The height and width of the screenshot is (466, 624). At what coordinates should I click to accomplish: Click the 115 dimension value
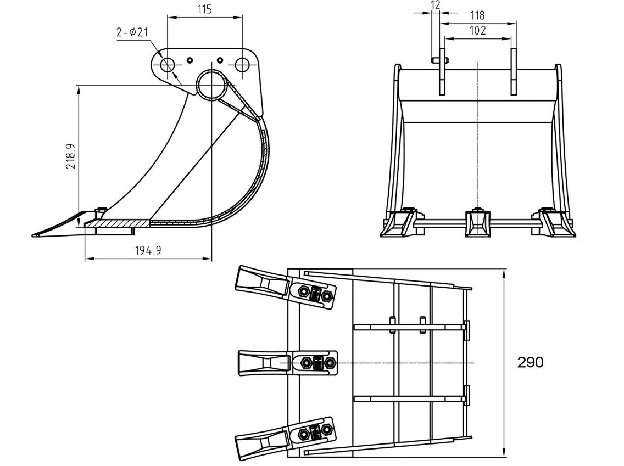204,9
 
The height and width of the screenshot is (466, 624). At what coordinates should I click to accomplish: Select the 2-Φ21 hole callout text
132,33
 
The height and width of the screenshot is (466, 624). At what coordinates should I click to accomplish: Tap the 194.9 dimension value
148,250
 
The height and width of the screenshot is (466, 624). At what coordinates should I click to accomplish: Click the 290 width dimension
530,362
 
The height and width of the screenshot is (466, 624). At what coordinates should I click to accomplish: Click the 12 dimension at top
436,5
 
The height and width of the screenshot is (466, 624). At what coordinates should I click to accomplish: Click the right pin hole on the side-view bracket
242,65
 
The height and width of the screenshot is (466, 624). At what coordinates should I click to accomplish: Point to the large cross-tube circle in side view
211,85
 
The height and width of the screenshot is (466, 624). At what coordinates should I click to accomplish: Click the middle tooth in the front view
478,224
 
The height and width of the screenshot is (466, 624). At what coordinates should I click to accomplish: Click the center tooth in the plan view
262,363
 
